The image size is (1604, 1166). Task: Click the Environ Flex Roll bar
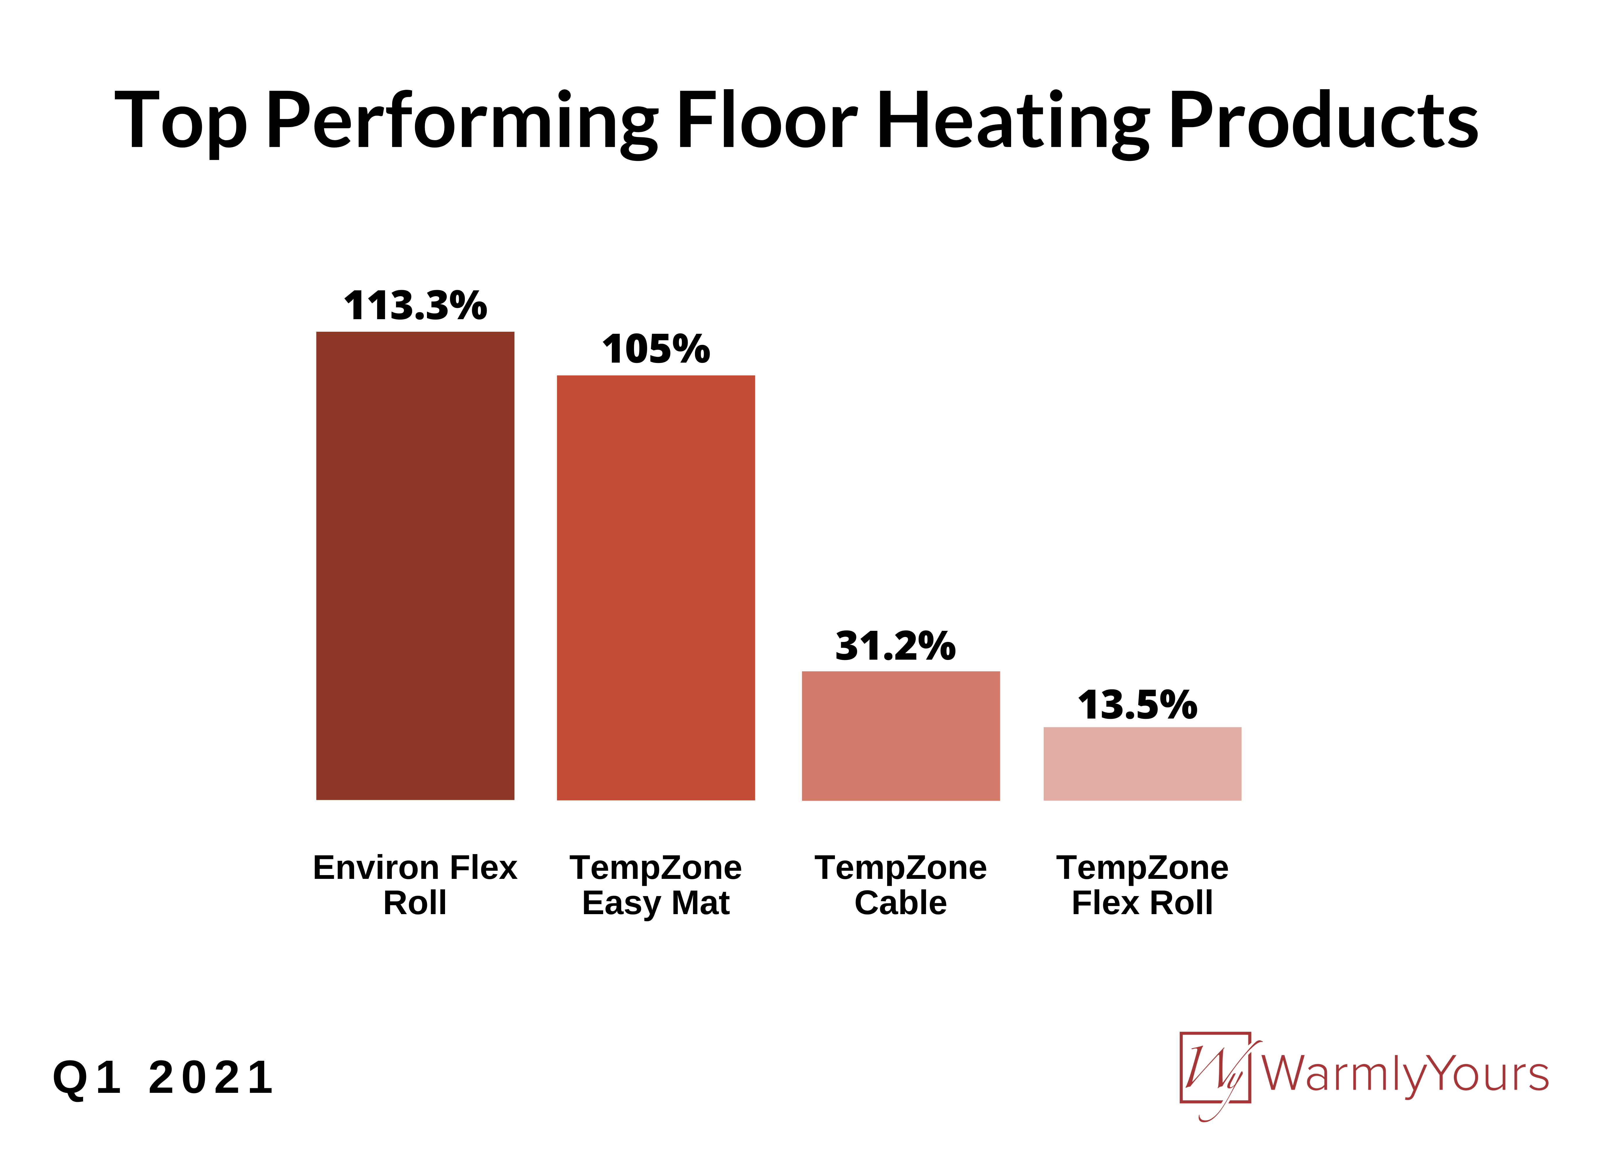[x=415, y=566]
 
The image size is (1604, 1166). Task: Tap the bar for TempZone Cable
[x=900, y=735]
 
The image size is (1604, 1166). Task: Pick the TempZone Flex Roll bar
[x=1142, y=764]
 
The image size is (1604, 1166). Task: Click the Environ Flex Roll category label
[x=415, y=885]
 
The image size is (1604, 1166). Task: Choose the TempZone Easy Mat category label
[x=656, y=885]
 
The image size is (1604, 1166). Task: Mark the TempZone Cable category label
[x=900, y=885]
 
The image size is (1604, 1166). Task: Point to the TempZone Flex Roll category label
[x=1142, y=885]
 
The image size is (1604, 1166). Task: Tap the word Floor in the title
[x=767, y=120]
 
